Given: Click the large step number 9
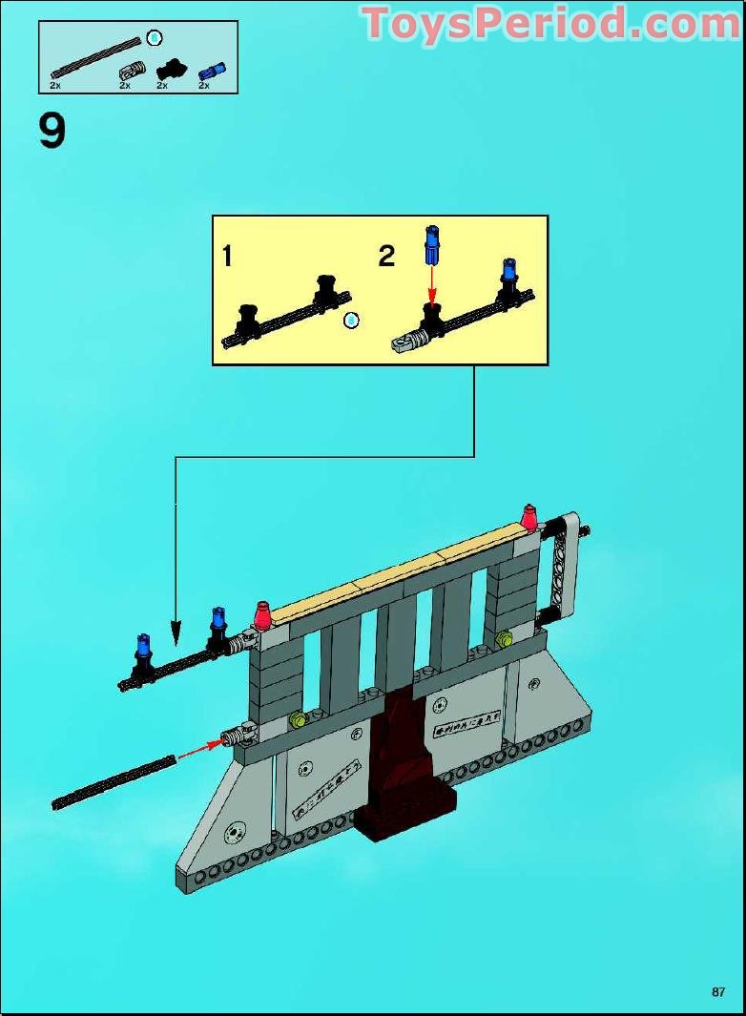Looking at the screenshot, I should [x=52, y=131].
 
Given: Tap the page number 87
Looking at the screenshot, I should [x=718, y=992].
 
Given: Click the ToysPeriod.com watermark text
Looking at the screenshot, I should [x=551, y=24].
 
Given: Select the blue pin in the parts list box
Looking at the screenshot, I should [x=208, y=70].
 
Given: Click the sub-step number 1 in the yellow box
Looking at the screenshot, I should [x=227, y=256].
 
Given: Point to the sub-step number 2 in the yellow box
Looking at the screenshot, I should [x=385, y=256].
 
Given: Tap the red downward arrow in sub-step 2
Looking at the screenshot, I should [x=431, y=282].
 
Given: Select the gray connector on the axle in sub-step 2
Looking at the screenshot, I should [x=406, y=340].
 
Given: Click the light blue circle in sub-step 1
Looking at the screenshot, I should [x=351, y=321].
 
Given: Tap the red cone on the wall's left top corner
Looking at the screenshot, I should [x=263, y=612].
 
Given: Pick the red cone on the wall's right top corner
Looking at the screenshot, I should [x=528, y=516].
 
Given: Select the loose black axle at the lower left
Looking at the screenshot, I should [x=114, y=783].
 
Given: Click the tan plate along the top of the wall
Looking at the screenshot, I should [x=401, y=576].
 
